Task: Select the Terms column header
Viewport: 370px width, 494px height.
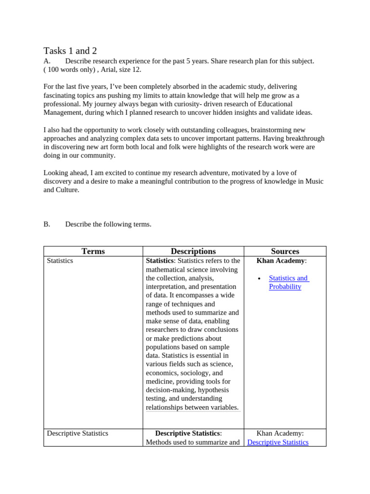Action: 93,251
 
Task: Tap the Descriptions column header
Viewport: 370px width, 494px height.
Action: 193,251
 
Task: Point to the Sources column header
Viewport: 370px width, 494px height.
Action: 285,251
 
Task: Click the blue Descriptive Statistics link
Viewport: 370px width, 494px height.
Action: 277,442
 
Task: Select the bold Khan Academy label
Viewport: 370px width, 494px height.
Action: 281,261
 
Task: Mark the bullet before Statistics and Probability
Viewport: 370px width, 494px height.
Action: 259,279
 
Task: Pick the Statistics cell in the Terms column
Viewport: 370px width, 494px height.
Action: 60,261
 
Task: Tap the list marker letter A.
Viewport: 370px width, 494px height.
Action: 47,61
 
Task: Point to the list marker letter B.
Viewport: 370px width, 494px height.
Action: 47,224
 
